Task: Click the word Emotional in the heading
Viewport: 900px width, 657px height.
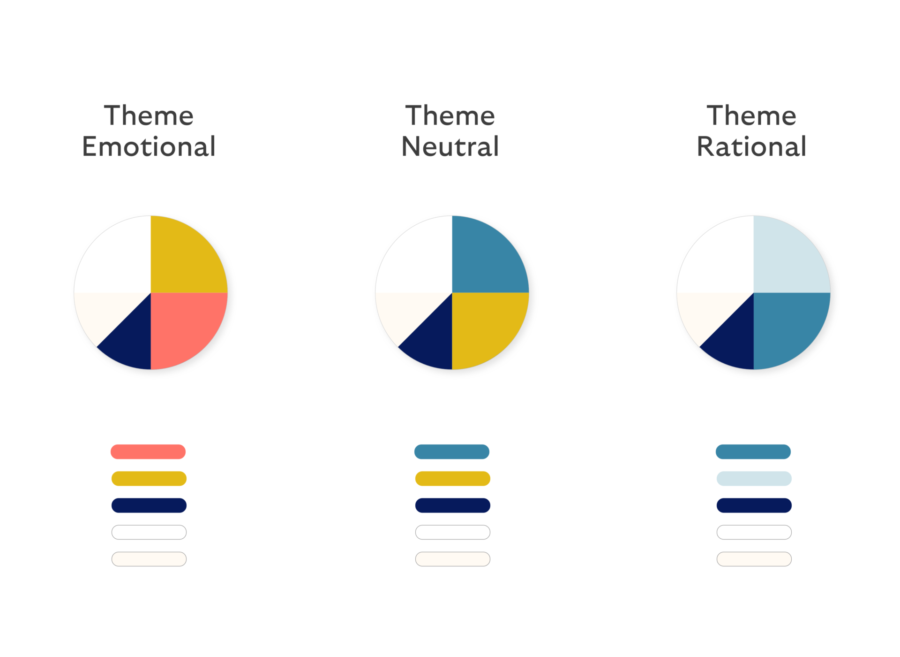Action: pos(149,146)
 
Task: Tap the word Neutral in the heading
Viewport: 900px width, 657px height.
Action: pos(450,146)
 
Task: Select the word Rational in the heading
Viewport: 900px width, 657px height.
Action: pos(751,146)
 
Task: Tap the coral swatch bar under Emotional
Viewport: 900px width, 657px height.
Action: pos(148,452)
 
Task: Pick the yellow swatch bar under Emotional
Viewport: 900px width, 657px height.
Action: pos(149,479)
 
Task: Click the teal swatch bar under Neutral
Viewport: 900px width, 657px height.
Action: pos(452,452)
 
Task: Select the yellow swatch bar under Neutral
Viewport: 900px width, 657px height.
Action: pos(453,479)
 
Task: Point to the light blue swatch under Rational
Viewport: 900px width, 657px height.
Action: pos(754,479)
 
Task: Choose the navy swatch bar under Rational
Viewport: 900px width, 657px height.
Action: pos(754,505)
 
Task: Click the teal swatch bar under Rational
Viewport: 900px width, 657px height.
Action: pos(753,452)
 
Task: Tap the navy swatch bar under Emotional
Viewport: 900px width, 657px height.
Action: pos(149,505)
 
